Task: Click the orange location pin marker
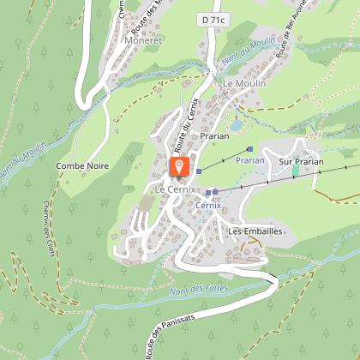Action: (179, 165)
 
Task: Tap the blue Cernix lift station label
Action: (207, 206)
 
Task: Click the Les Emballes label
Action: (255, 231)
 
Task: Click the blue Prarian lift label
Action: (250, 159)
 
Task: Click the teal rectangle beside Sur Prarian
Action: (296, 171)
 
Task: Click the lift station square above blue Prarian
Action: (249, 147)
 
